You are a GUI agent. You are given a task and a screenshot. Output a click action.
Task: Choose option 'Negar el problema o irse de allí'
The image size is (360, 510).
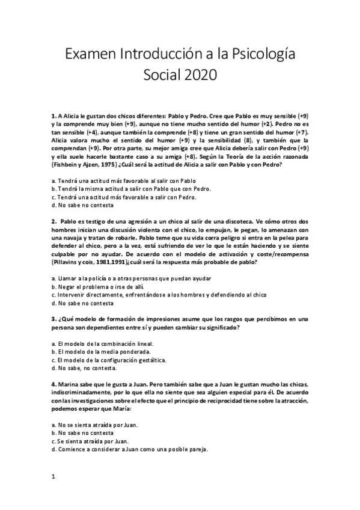click(x=99, y=287)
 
